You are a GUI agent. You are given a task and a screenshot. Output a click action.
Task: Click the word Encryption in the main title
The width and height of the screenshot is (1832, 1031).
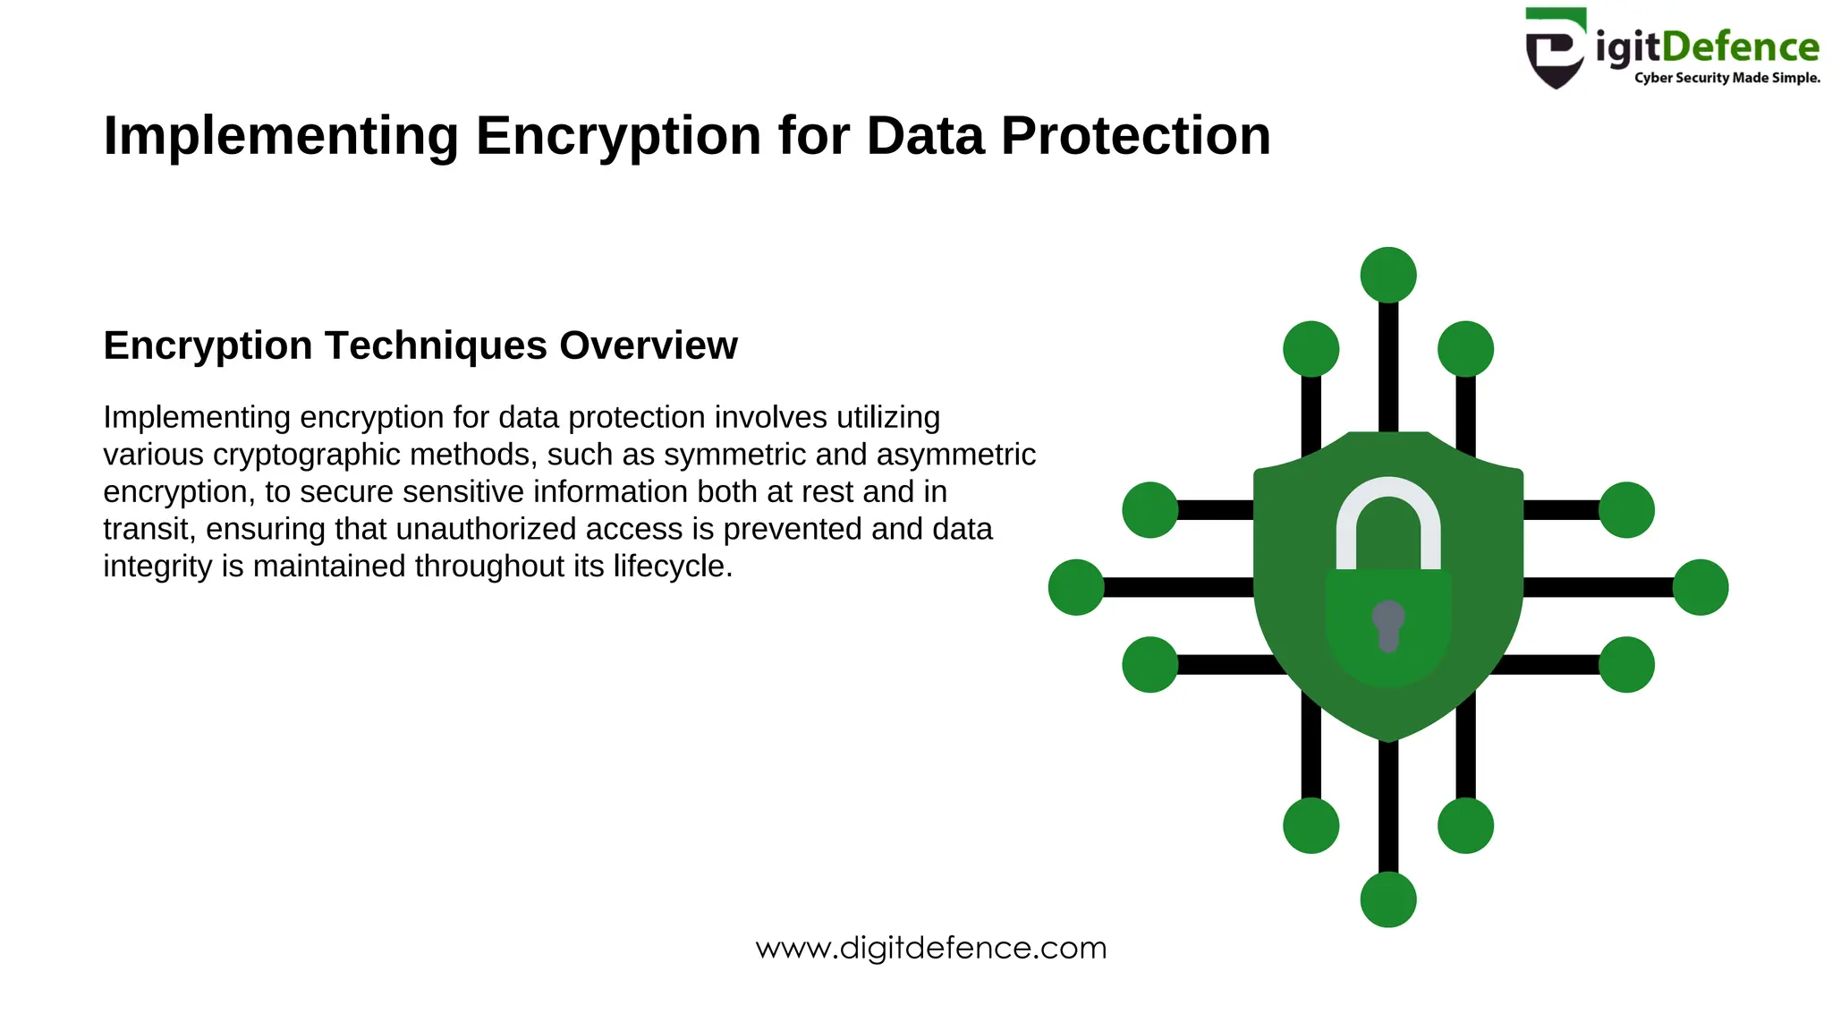click(x=618, y=137)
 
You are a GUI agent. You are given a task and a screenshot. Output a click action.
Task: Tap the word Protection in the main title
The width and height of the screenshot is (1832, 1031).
click(x=1135, y=137)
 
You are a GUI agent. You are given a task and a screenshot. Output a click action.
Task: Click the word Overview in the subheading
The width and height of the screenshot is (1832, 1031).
click(x=649, y=346)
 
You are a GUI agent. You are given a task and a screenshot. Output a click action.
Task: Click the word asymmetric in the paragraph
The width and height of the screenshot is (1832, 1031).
click(x=955, y=455)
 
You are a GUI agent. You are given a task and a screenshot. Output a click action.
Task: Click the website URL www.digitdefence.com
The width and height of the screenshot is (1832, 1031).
click(x=930, y=948)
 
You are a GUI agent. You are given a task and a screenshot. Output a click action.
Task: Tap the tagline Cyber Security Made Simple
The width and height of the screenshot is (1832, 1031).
click(x=1726, y=78)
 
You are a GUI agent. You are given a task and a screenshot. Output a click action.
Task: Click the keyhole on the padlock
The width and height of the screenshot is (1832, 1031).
click(x=1387, y=624)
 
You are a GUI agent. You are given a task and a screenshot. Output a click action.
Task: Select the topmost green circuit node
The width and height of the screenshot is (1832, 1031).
click(x=1387, y=275)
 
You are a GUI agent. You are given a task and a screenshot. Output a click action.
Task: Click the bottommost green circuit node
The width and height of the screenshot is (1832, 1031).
click(x=1387, y=899)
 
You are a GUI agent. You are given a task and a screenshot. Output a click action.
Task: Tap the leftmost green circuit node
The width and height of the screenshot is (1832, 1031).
click(x=1076, y=587)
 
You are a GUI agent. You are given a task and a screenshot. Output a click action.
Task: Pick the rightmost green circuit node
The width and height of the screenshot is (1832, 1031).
click(x=1700, y=587)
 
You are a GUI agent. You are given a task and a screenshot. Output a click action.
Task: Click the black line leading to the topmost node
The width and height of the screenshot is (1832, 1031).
click(x=1387, y=367)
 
